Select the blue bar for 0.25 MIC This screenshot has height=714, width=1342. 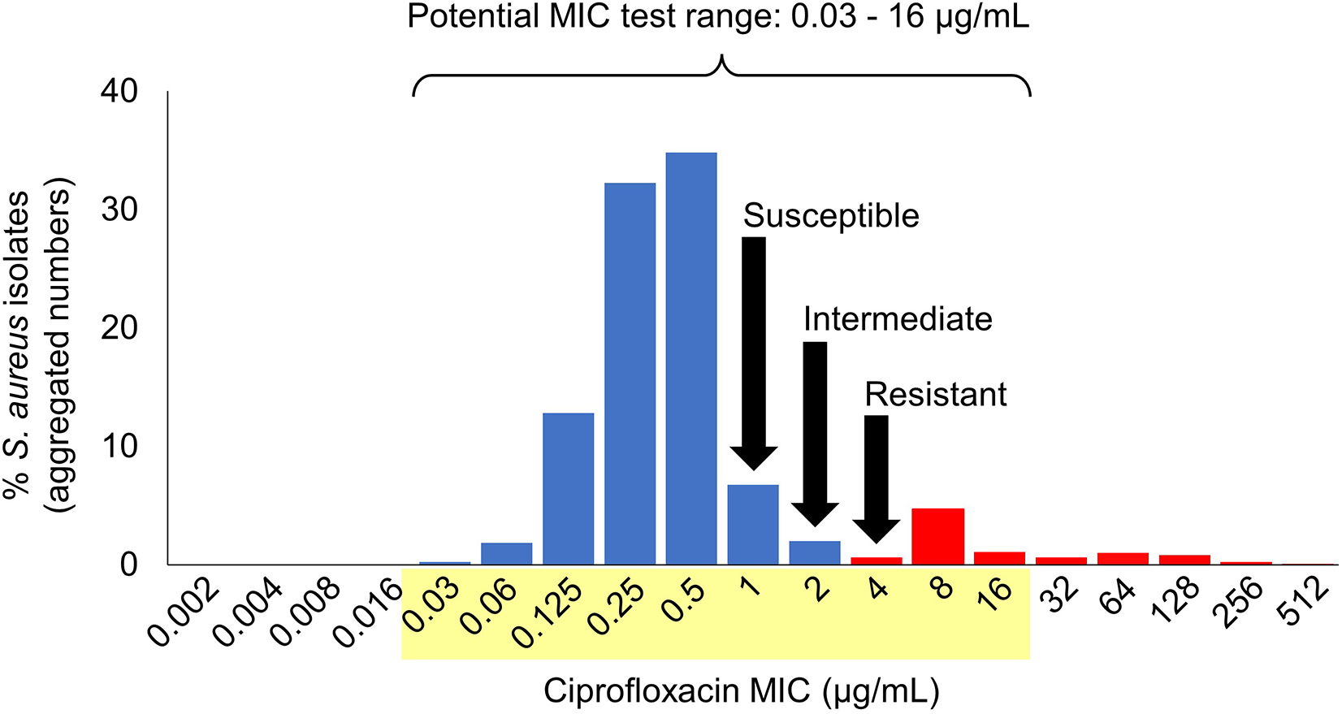coord(630,374)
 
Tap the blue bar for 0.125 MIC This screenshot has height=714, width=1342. coord(568,488)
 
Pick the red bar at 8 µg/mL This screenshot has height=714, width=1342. coord(938,536)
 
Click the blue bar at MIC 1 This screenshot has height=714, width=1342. coord(753,524)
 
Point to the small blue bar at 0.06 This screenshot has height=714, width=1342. coord(506,553)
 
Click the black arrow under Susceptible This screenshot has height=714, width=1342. coord(754,349)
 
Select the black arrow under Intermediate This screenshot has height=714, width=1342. coord(815,431)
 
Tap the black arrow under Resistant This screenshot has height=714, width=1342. coord(876,475)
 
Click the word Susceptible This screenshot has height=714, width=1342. coord(831,216)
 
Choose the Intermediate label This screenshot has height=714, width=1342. coord(898,319)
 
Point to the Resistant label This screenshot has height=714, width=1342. coord(935,394)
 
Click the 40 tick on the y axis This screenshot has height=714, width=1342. coord(119,91)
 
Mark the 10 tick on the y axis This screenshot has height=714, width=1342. coord(119,446)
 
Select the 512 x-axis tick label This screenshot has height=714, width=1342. coord(1306,603)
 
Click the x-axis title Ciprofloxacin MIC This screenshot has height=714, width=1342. coord(740,690)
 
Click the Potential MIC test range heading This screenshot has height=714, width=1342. coord(718,16)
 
